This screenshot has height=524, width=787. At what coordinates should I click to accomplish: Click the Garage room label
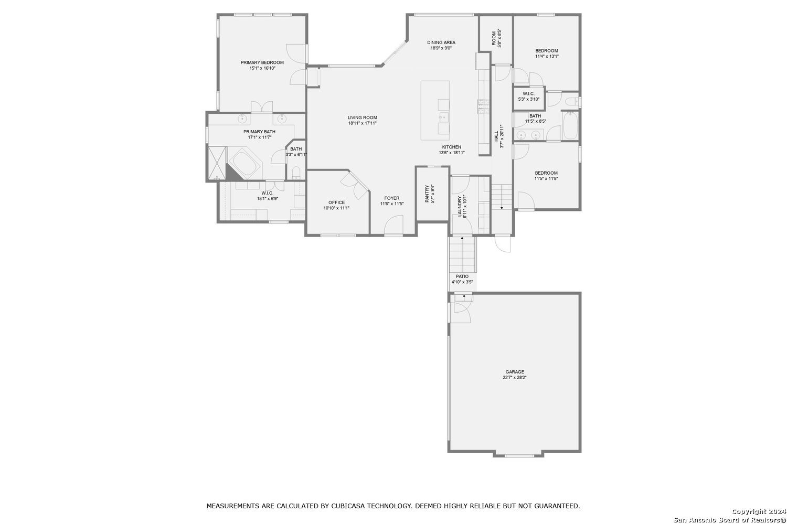(x=515, y=372)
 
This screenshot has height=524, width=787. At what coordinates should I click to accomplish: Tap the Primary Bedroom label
(x=262, y=62)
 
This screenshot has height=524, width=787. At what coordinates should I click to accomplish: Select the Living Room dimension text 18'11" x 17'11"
(x=362, y=123)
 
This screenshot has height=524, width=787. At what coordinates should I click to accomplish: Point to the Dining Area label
(x=441, y=42)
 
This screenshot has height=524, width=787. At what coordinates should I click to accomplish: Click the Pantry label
(x=427, y=194)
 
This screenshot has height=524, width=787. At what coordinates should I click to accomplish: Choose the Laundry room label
(x=460, y=207)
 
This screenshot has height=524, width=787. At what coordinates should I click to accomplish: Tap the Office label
(x=337, y=202)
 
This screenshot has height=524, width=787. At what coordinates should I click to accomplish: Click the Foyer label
(x=392, y=198)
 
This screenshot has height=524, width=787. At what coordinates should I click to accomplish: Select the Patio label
(x=462, y=276)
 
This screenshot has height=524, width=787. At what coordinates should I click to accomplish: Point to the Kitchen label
(x=451, y=147)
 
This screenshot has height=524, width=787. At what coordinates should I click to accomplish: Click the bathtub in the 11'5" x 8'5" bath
(x=570, y=125)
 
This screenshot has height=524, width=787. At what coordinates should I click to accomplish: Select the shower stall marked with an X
(x=217, y=163)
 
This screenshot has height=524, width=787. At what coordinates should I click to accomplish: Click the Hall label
(x=496, y=136)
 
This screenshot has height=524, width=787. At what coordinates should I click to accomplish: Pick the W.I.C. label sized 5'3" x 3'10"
(x=528, y=94)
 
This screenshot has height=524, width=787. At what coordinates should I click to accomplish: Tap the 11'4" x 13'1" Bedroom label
(x=547, y=51)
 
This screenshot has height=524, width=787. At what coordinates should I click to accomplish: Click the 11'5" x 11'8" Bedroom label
(x=546, y=173)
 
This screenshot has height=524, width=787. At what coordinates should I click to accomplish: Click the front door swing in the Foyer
(x=393, y=225)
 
